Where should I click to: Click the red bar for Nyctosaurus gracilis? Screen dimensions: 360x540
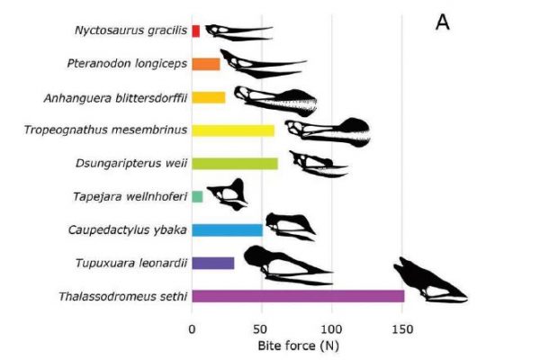click(x=195, y=31)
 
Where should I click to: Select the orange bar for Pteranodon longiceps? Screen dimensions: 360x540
click(x=206, y=64)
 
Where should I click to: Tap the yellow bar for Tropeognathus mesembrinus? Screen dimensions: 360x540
click(x=233, y=130)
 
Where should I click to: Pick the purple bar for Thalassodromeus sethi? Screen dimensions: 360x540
click(x=298, y=296)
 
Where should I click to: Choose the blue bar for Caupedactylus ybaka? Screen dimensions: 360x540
click(x=227, y=229)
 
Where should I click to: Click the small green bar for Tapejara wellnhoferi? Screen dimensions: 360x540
click(x=197, y=196)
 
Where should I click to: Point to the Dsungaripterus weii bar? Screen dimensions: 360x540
click(x=235, y=164)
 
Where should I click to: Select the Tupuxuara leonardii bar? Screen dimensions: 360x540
click(x=213, y=263)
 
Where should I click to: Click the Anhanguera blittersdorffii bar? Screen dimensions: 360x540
click(x=209, y=97)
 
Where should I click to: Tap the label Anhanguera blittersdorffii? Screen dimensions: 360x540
click(x=115, y=97)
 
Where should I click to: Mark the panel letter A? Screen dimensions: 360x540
click(x=442, y=22)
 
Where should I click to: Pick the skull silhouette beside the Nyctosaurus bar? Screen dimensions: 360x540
click(x=236, y=32)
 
